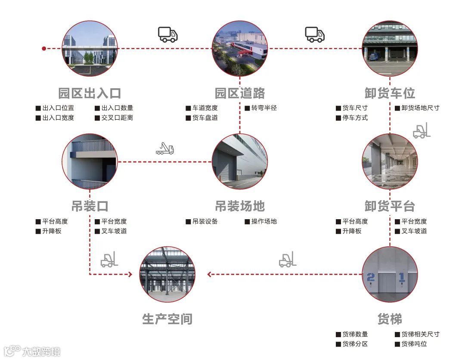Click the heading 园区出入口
[x=90, y=93]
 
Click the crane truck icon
[x=165, y=149]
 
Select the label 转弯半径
[x=263, y=108]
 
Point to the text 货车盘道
[x=205, y=118]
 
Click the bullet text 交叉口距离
[x=117, y=118]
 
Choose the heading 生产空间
[x=167, y=319]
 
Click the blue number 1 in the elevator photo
[x=401, y=277]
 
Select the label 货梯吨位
[x=414, y=344]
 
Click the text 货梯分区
[x=355, y=344]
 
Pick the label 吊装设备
[x=205, y=222]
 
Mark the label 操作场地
[x=263, y=222]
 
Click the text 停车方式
[x=355, y=118]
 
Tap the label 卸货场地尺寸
[x=420, y=108]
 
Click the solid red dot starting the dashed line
[x=44, y=48]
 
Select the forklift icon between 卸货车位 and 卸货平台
[x=422, y=132]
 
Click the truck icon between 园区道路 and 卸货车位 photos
[x=315, y=34]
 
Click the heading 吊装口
[x=90, y=206]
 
